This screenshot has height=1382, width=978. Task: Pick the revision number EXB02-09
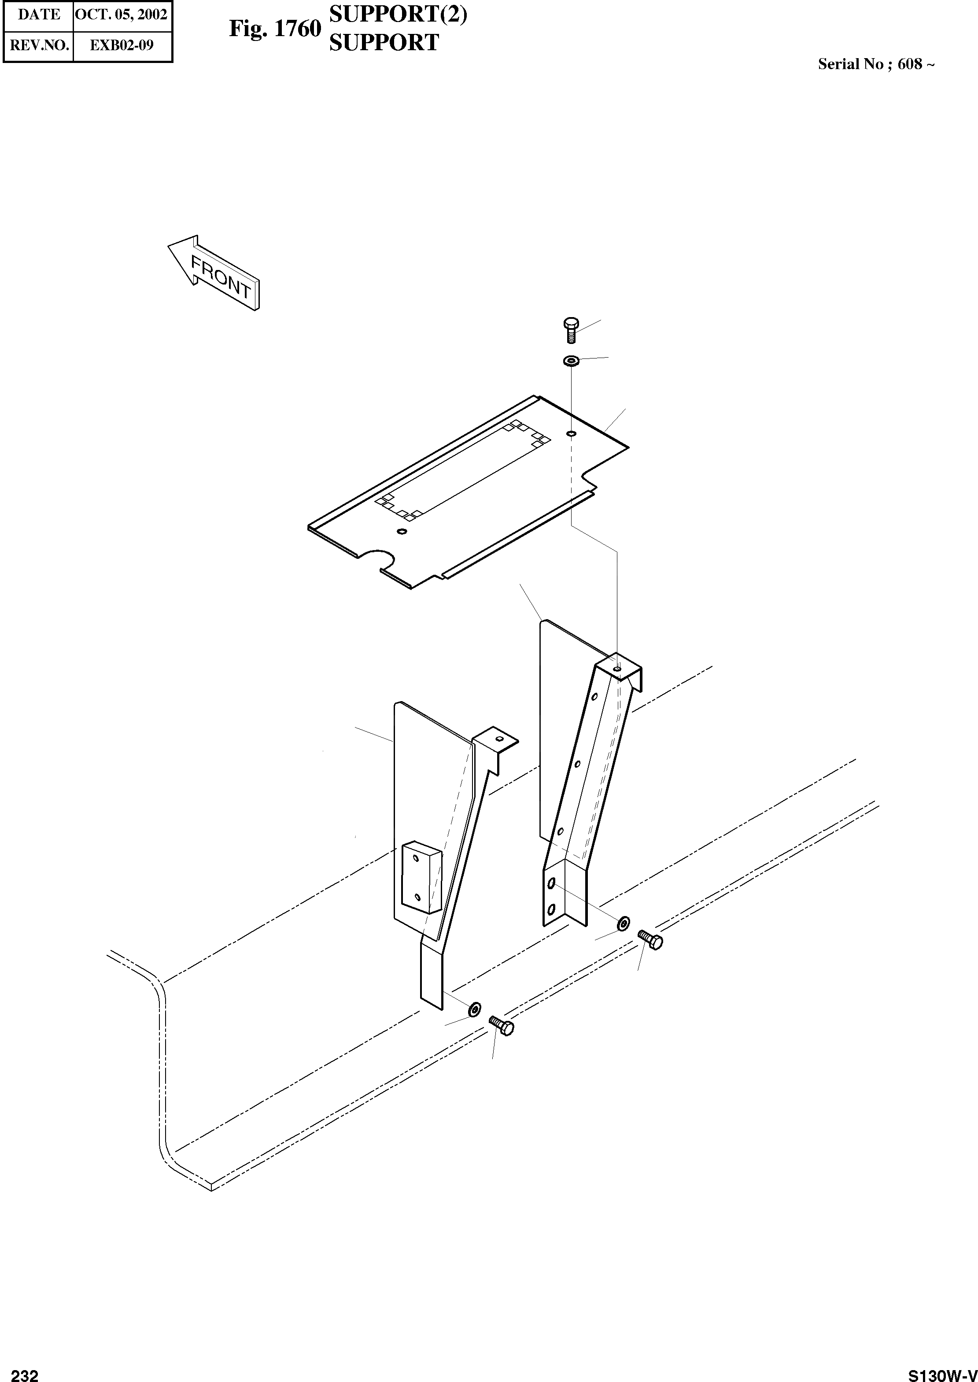(x=122, y=45)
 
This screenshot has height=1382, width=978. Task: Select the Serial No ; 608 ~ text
(x=876, y=64)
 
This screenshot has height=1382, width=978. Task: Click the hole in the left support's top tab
(x=498, y=738)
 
